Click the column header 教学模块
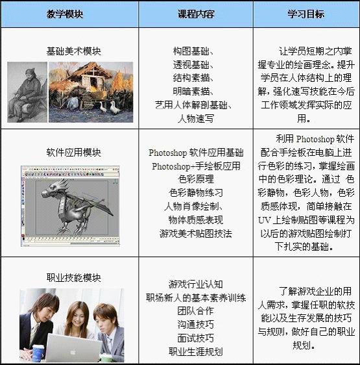click(65, 14)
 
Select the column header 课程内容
click(196, 14)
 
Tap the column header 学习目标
click(306, 14)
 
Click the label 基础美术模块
click(73, 51)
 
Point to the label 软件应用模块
click(73, 153)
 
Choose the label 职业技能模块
click(73, 277)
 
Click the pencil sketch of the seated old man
click(27, 92)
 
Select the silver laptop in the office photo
click(74, 348)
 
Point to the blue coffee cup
click(38, 353)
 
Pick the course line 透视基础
click(193, 64)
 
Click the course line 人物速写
click(196, 118)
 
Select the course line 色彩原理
click(196, 179)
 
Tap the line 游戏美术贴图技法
click(196, 233)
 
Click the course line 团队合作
click(196, 310)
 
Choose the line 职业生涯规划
click(196, 351)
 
